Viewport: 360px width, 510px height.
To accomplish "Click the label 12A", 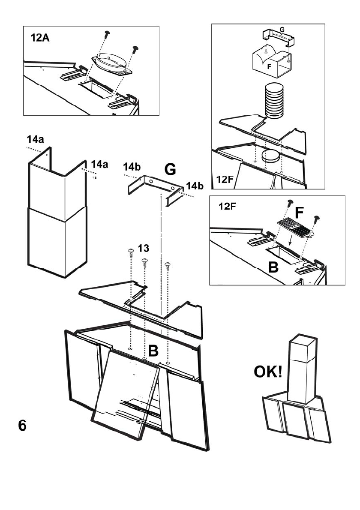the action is coord(40,38).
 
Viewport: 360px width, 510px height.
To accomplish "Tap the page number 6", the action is coord(22,426).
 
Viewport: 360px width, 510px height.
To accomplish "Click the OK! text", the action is coord(268,372).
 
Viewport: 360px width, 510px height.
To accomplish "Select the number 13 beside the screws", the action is coord(144,248).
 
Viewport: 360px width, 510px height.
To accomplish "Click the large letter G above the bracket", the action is coord(170,169).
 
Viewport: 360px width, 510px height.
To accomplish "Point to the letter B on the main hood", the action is coord(153,351).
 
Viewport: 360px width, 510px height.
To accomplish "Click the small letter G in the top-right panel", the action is coord(282,30).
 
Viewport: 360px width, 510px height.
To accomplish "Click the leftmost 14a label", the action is coord(35,140).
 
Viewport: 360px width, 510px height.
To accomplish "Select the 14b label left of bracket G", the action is coord(132,167).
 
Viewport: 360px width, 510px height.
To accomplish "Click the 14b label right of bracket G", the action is coord(195,186).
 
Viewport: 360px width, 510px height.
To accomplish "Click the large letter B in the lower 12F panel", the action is coord(273,267).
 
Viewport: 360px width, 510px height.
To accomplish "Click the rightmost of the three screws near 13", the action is coord(168,266).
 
